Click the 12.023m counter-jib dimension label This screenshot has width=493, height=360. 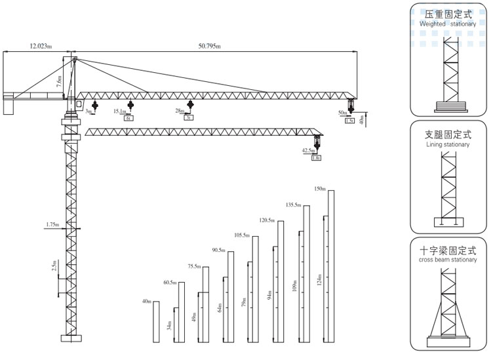click(x=42, y=47)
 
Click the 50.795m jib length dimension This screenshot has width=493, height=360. click(x=209, y=47)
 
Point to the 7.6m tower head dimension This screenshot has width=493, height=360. click(x=59, y=83)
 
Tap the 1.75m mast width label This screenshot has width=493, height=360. click(x=52, y=225)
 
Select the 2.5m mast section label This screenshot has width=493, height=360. click(x=55, y=266)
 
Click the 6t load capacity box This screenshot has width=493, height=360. click(x=129, y=119)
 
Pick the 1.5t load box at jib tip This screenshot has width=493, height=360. click(x=349, y=121)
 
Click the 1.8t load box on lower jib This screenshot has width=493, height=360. click(x=316, y=158)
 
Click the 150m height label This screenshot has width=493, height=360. click(x=320, y=189)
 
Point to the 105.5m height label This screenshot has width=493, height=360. click(x=242, y=235)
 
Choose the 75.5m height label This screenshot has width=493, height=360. click(x=194, y=266)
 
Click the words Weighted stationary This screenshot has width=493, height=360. click(x=448, y=24)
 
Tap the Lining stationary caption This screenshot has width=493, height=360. click(x=448, y=144)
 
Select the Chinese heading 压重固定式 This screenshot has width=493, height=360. click(x=448, y=14)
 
